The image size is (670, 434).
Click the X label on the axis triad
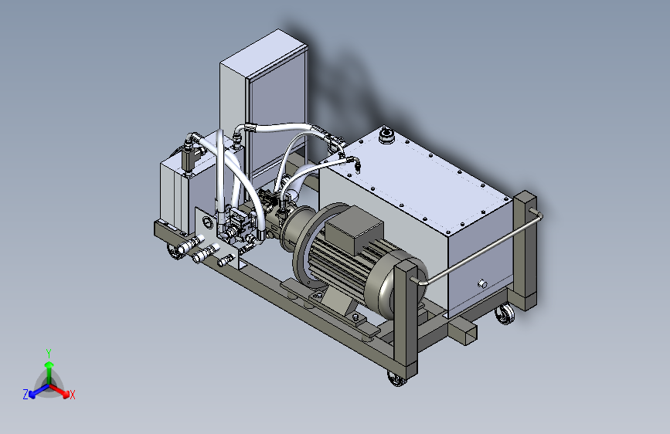coord(72,395)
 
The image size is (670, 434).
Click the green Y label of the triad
coord(49,353)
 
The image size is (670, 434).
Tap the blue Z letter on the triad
coord(26,395)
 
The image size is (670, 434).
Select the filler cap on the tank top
coord(386,134)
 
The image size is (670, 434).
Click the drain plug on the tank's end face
coord(482,283)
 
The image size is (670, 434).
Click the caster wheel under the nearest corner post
coord(397,378)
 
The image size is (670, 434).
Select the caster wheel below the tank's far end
coord(505,314)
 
